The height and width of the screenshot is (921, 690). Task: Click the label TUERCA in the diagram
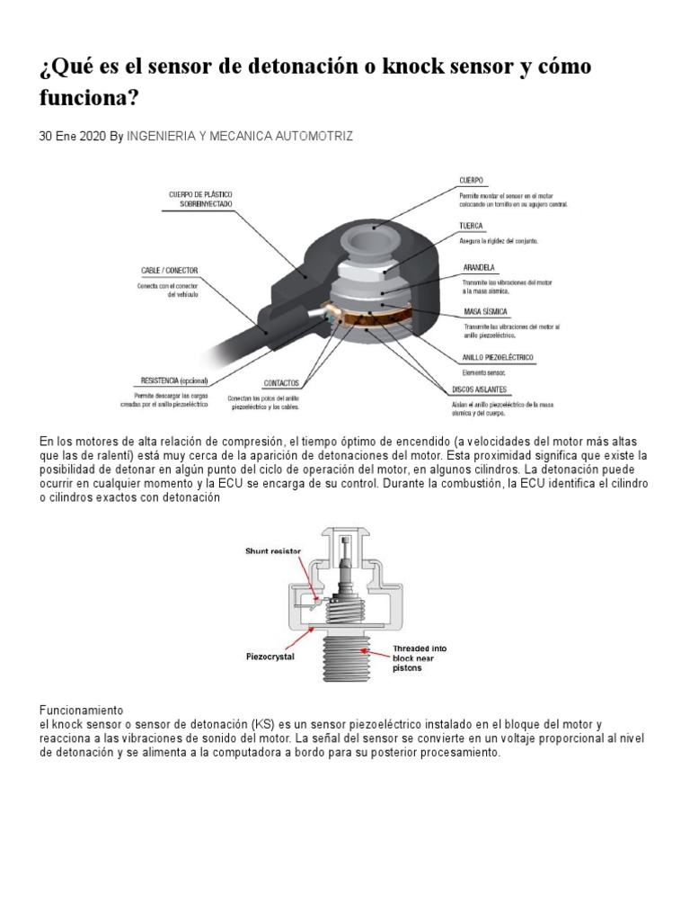click(472, 227)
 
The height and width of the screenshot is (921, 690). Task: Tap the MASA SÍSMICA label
click(483, 311)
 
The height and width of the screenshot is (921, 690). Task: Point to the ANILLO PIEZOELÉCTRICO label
click(499, 357)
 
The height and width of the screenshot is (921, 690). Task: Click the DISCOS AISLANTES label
click(480, 390)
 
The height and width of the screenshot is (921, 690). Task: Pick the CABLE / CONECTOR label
click(170, 270)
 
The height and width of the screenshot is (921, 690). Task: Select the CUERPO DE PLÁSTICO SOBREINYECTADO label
click(199, 199)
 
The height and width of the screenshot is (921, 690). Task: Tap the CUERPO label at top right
click(473, 180)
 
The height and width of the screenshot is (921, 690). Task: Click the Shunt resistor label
click(274, 550)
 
